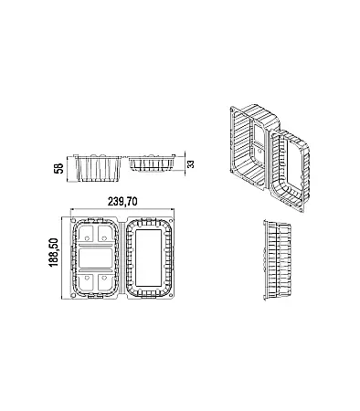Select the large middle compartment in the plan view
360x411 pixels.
tap(96, 258)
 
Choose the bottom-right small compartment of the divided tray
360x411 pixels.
tap(106, 281)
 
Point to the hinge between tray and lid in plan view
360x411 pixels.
tap(122, 258)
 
